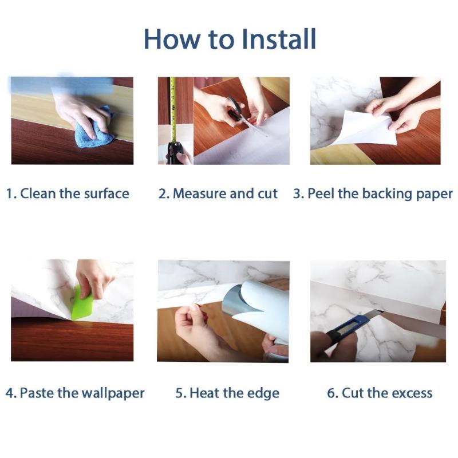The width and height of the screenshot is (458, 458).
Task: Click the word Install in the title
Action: pos(279,39)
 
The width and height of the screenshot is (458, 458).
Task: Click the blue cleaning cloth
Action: pos(94,128)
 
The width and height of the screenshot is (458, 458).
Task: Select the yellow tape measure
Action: pos(173,111)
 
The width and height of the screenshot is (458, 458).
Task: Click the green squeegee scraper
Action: pos(82,304)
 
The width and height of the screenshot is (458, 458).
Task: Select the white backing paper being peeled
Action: pos(365,128)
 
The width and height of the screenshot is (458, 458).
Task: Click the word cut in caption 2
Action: pos(267,194)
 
